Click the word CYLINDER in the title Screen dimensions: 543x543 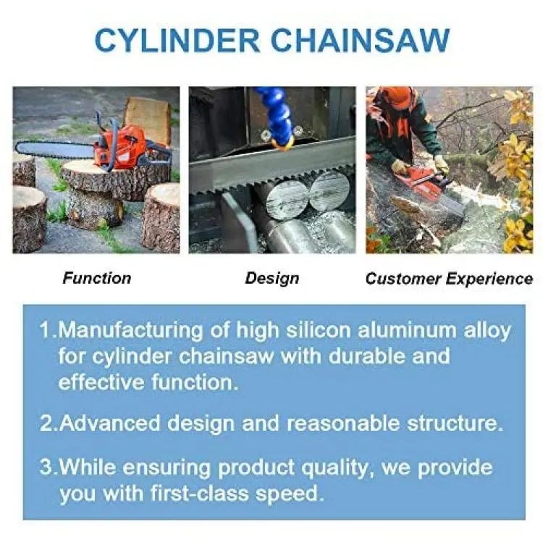coord(177,41)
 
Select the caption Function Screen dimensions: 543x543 coord(97,278)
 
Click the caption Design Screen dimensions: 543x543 coord(272,279)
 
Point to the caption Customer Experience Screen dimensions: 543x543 coord(449,279)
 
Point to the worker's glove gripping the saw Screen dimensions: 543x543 coord(400,167)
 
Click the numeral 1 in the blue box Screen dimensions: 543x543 coord(46,330)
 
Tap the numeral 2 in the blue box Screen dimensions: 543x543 coord(47,424)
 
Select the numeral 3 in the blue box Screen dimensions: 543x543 coord(46,467)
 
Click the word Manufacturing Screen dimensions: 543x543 coord(130,331)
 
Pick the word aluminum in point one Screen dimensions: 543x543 coord(407,330)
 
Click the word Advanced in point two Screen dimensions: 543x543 coord(110,424)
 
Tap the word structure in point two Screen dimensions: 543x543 coord(455,424)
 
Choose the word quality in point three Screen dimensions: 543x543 coord(337,469)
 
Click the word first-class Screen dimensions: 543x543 coord(200,493)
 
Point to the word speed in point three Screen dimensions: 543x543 coord(289,495)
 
